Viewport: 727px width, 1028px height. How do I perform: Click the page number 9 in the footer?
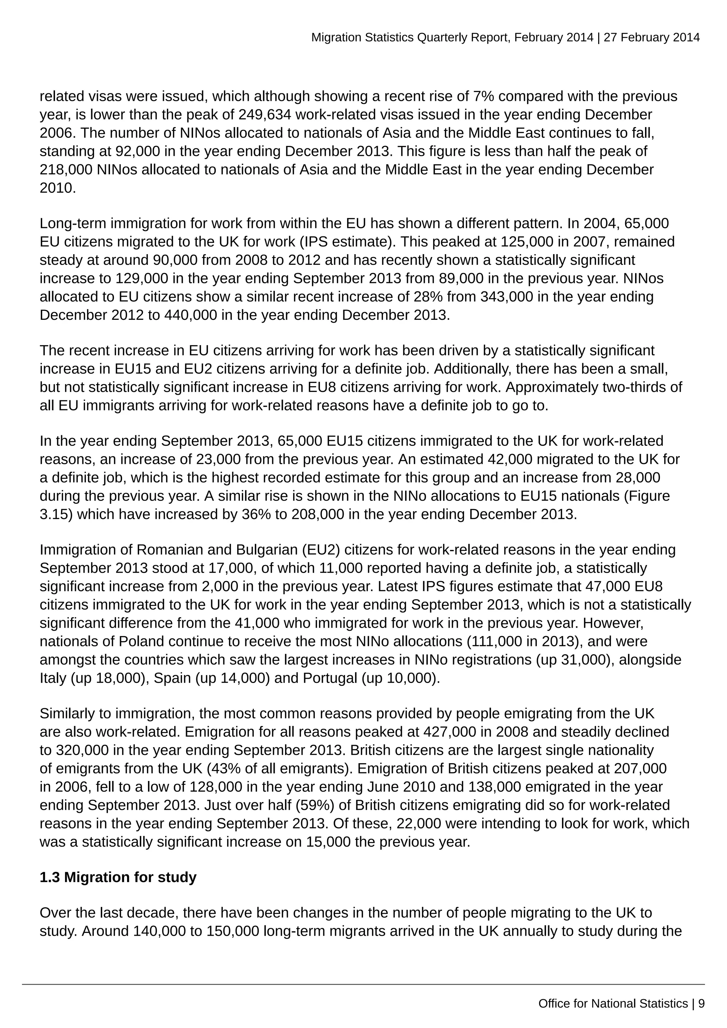tap(701, 1004)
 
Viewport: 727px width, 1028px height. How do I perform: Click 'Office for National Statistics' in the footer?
tap(613, 1004)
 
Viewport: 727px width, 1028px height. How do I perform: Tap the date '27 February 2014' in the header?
tap(651, 37)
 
